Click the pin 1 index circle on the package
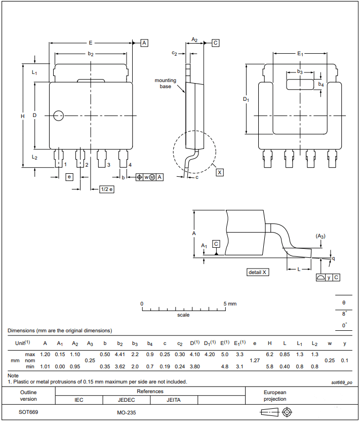click(x=59, y=116)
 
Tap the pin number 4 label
click(x=130, y=165)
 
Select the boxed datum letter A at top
click(x=144, y=43)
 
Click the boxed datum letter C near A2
click(x=215, y=43)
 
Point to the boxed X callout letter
click(x=220, y=172)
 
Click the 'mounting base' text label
click(x=165, y=83)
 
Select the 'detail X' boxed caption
click(x=258, y=272)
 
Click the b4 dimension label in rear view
click(x=321, y=85)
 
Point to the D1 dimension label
click(x=246, y=100)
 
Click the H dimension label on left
click(x=23, y=116)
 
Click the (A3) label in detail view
click(x=320, y=236)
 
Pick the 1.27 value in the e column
click(x=255, y=360)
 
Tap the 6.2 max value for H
click(x=270, y=354)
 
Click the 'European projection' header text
click(x=275, y=396)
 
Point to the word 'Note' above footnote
click(x=13, y=375)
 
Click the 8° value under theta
click(x=344, y=314)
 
